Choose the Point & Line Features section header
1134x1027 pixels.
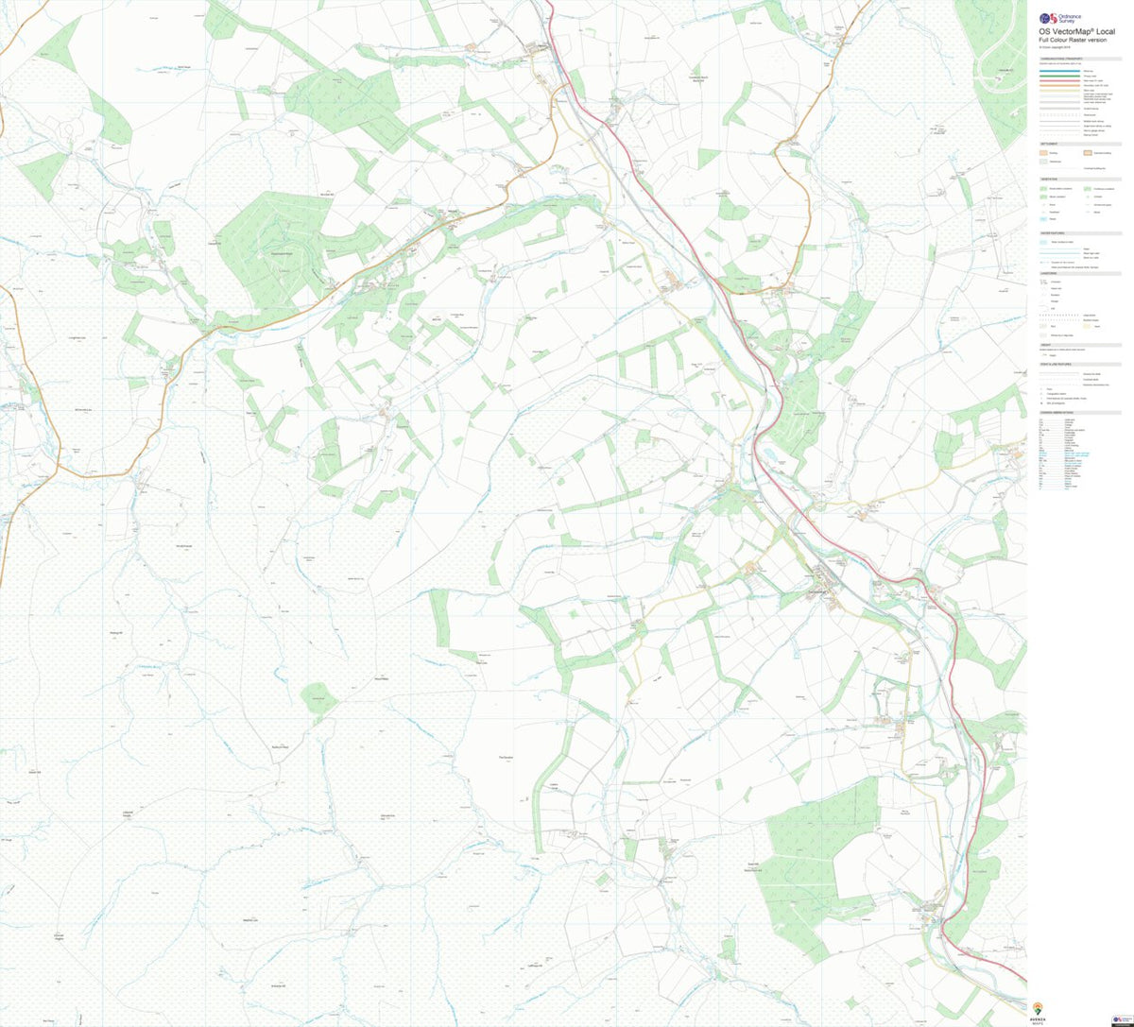[1056, 365]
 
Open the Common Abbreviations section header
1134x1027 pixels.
[1057, 413]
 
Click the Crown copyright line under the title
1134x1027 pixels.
[1057, 47]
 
